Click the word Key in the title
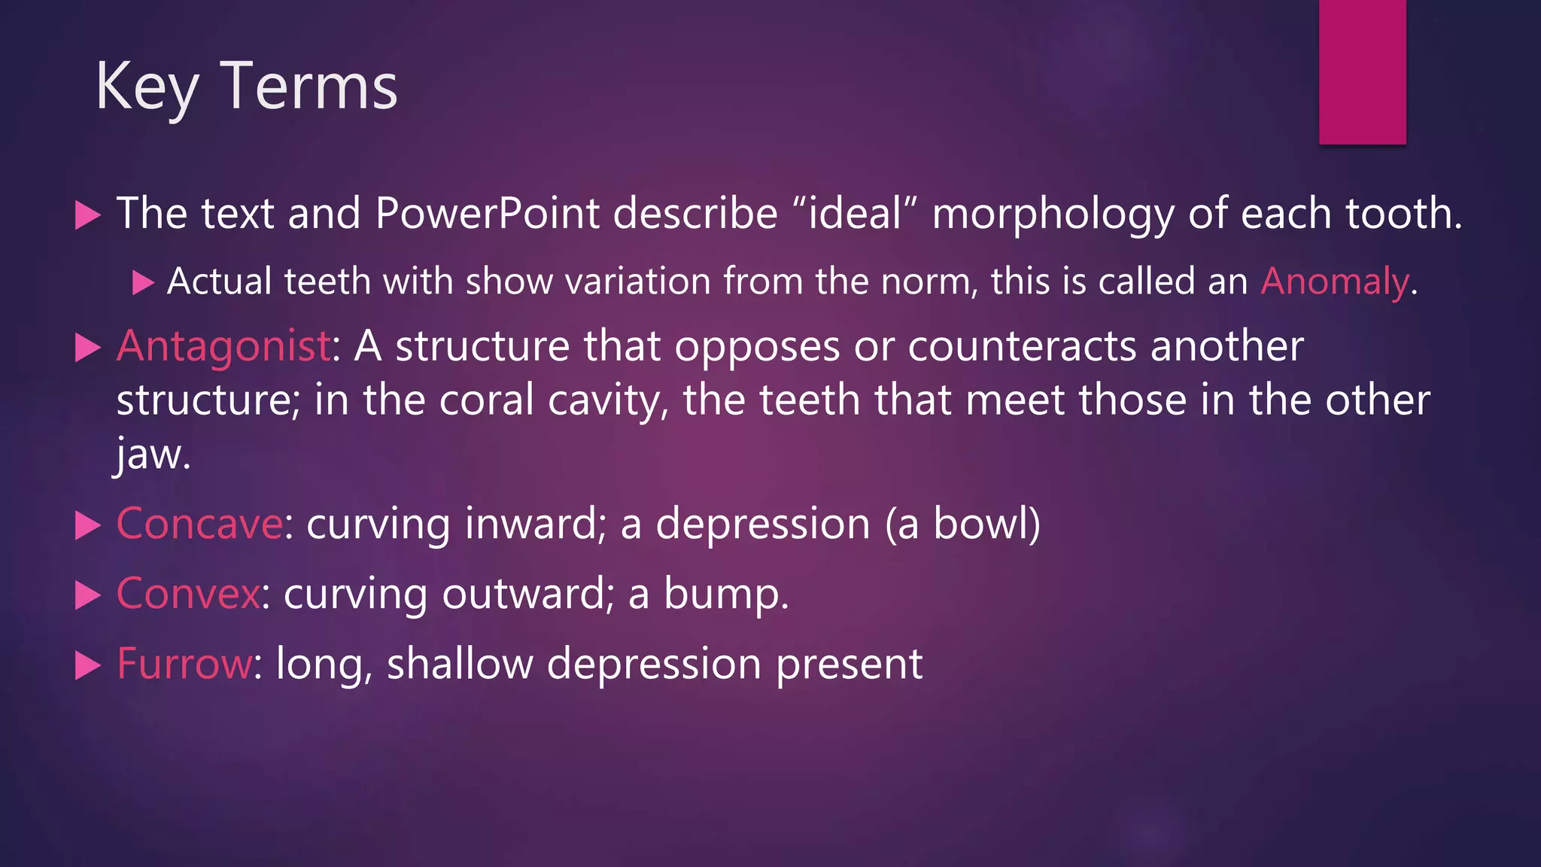tap(147, 88)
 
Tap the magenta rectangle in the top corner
tap(1362, 71)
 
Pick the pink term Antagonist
tap(223, 347)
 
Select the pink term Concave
tap(199, 524)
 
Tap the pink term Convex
tap(188, 594)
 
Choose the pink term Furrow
tap(184, 664)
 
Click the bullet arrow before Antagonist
tap(88, 348)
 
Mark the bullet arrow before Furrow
tap(88, 665)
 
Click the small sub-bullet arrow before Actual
tap(142, 283)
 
